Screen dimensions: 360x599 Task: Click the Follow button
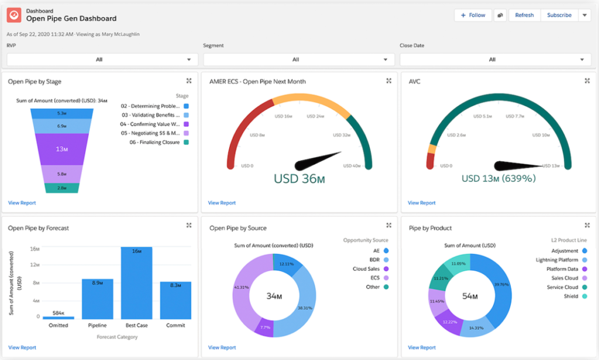[473, 15]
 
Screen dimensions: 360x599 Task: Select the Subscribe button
[559, 15]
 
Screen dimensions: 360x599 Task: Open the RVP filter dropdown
[102, 59]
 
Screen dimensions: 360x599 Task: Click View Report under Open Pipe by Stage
[22, 203]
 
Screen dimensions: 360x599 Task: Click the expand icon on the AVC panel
[587, 81]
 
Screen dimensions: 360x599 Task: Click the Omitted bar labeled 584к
[58, 317]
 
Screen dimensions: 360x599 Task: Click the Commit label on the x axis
[175, 325]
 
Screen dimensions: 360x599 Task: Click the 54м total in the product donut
[470, 296]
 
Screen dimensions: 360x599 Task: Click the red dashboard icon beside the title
[14, 15]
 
